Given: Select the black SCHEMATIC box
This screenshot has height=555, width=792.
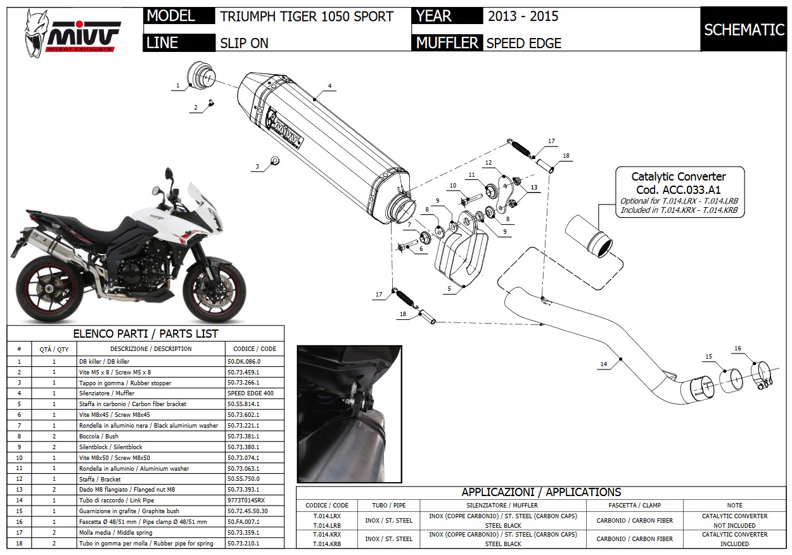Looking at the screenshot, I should pos(744,30).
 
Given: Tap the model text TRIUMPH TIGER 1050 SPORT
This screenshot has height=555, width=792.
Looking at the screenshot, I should pos(307,17).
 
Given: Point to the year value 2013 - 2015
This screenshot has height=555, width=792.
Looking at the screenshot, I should pos(523,17).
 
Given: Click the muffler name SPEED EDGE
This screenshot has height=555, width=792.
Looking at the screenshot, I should pos(523,43).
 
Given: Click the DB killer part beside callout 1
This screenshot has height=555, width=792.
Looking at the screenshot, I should pos(201,75).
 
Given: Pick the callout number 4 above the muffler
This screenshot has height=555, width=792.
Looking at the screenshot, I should pos(330,86).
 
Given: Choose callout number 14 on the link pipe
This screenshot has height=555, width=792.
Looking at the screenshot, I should pos(604,364).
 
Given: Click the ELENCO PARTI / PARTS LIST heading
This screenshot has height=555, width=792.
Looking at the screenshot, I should pos(145,334).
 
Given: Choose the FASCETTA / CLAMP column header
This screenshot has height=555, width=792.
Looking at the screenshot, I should pos(634,505).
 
